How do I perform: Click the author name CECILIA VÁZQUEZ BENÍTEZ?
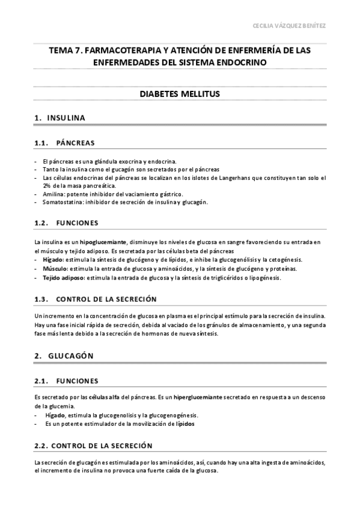coord(291,26)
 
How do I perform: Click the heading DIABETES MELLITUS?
coord(180,94)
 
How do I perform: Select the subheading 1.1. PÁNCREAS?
coord(64,143)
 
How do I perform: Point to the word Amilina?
coord(53,194)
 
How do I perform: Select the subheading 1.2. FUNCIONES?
coord(66,223)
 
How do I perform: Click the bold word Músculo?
coord(55,268)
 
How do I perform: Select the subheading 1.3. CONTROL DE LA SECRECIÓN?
coord(96,299)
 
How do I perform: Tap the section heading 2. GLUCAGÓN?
coord(64,355)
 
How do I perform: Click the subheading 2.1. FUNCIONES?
coord(66,381)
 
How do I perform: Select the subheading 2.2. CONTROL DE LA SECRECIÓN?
coord(93,445)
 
